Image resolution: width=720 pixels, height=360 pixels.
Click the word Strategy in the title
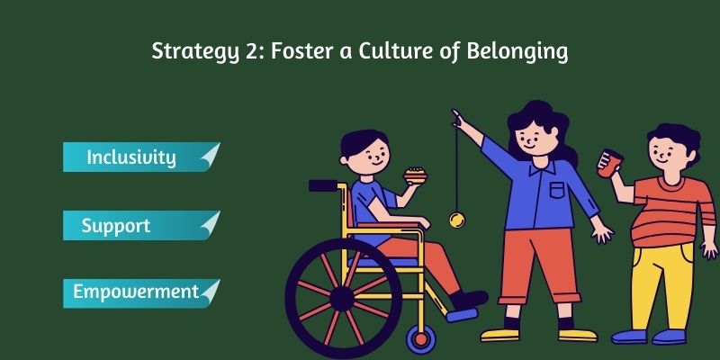point(192,51)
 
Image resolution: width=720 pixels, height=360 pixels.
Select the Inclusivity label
point(130,157)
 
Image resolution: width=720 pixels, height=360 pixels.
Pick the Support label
point(115,225)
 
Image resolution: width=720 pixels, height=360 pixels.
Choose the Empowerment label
point(136,292)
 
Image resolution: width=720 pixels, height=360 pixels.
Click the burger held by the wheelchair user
point(415,175)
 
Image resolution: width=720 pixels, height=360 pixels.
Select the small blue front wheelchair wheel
point(420,337)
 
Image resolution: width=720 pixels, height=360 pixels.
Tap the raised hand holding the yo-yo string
point(458,117)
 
